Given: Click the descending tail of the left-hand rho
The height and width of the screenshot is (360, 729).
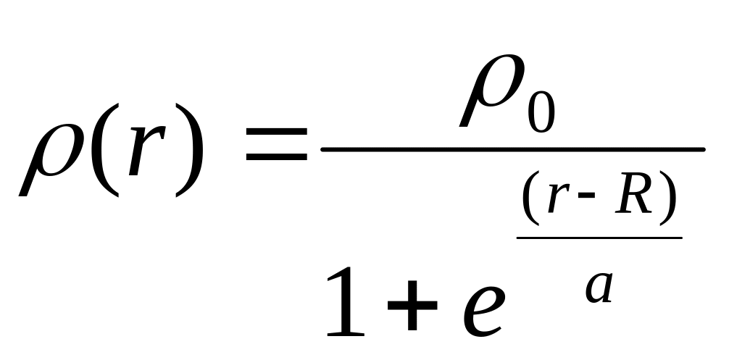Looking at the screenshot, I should point(28,185).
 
